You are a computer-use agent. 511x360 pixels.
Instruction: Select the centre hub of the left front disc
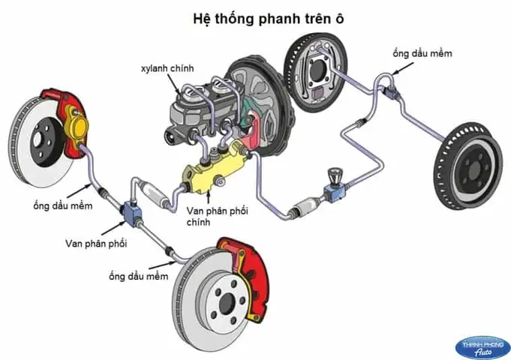tap(35, 142)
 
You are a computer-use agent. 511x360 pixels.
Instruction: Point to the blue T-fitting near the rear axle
tap(391, 91)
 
